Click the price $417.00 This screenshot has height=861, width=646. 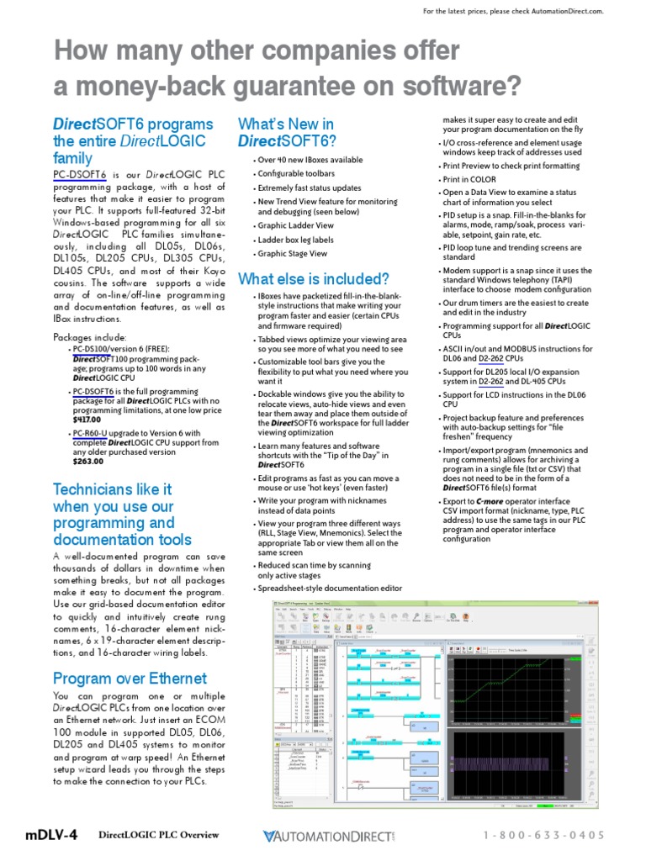point(86,419)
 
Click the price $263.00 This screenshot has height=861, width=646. point(87,461)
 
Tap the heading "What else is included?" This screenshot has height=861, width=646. point(313,278)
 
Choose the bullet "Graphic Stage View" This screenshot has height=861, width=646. point(293,253)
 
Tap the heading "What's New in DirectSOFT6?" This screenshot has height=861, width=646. point(287,132)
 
